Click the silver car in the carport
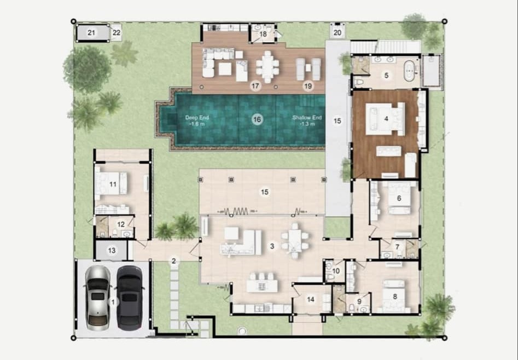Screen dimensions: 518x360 97,298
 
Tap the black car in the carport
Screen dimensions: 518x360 130,298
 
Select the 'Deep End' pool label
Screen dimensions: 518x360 197,118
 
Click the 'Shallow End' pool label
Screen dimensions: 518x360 307,118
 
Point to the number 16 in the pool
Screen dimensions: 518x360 257,119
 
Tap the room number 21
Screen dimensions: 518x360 91,32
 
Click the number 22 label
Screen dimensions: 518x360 117,33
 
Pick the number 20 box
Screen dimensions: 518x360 337,32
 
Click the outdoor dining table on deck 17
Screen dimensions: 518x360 267,67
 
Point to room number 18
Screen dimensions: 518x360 263,34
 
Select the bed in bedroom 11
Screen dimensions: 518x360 110,183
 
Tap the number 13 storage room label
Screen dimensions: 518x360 112,250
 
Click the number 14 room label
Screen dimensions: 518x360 311,299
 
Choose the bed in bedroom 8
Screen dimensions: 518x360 394,296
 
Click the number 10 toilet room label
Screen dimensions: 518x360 336,271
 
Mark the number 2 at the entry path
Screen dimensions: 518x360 174,261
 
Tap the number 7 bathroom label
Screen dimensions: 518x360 398,247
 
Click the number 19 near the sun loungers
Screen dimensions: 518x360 308,86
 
